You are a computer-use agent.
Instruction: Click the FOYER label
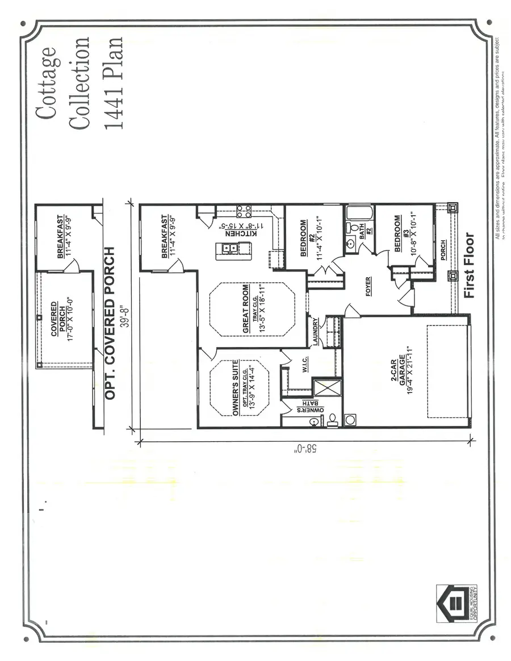point(367,286)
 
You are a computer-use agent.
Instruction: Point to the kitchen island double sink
point(230,248)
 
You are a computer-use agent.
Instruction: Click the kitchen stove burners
point(245,211)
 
